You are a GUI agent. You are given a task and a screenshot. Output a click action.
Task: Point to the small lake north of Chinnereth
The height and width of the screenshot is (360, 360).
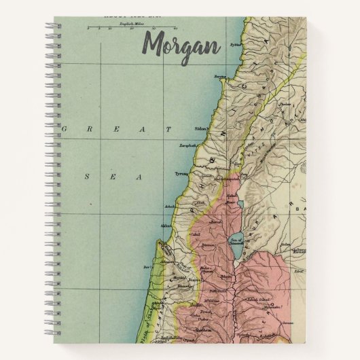(240, 204)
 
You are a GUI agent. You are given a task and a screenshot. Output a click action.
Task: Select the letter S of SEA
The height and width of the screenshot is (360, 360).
(86, 176)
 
